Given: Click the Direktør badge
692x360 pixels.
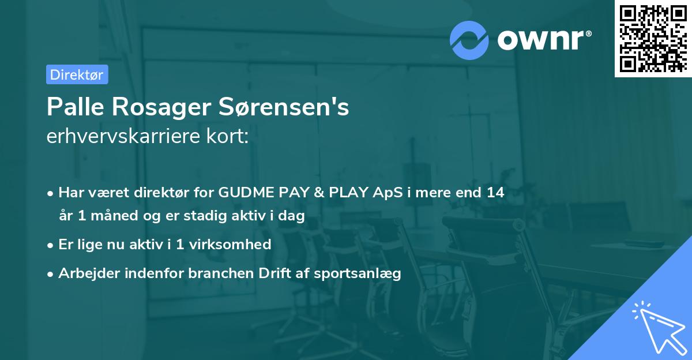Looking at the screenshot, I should [77, 74].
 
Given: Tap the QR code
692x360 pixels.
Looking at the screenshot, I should [652, 38].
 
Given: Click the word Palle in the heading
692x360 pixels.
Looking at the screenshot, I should [72, 107].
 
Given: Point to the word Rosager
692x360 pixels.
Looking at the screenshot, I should [159, 107].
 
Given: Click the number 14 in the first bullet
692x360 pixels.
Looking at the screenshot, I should [495, 193].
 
